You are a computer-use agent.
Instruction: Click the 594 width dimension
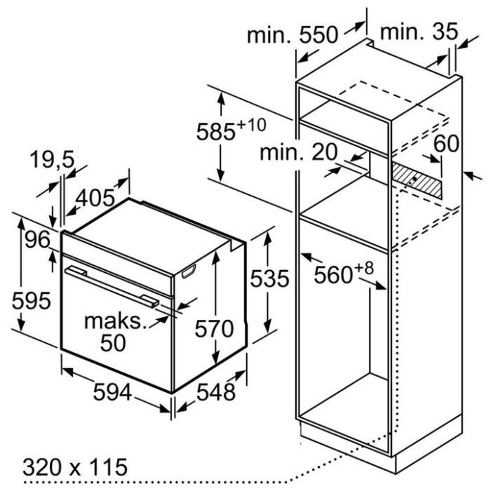(112, 392)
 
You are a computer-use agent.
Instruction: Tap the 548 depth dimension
(216, 392)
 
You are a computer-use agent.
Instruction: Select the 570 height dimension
(214, 329)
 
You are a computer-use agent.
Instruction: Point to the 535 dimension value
(269, 278)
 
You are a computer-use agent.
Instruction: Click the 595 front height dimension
(32, 301)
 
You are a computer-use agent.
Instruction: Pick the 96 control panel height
(37, 240)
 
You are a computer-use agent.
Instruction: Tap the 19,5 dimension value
(52, 160)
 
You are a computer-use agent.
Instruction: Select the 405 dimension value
(95, 198)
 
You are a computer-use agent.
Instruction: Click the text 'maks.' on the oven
(116, 321)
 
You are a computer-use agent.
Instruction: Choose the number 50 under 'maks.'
(113, 343)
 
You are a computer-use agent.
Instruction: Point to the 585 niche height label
(215, 132)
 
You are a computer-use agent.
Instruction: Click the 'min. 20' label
(299, 152)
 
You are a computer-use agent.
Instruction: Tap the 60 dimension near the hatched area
(446, 143)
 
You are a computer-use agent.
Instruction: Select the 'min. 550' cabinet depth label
(292, 35)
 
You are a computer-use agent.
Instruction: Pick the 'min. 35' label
(419, 32)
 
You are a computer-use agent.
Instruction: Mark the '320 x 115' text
(75, 467)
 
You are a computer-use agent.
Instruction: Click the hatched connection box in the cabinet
(417, 181)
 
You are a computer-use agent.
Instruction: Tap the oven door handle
(112, 286)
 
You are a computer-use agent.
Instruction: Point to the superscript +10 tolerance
(251, 125)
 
